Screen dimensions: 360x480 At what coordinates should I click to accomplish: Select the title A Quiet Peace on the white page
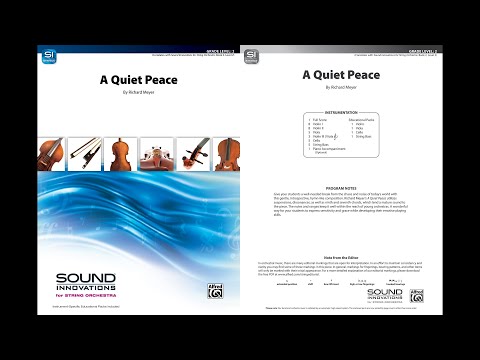[x=340, y=74]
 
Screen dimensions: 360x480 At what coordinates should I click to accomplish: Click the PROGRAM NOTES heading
[x=341, y=187]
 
